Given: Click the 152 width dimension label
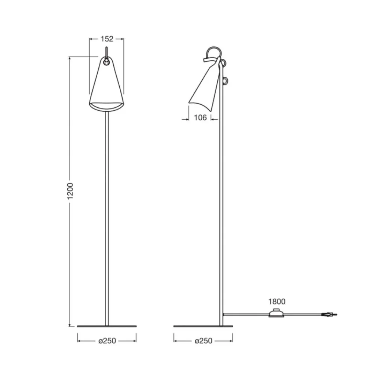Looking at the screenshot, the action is tap(107, 39).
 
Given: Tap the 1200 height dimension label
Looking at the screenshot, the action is tap(70, 191).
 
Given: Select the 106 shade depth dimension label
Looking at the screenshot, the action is tap(200, 117).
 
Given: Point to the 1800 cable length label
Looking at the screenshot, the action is tap(277, 301).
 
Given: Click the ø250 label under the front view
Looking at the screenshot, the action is tap(107, 341).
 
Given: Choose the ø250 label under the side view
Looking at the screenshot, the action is tap(203, 341).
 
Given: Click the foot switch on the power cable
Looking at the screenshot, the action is tap(277, 314).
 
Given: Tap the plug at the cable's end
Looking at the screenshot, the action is tap(329, 315).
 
